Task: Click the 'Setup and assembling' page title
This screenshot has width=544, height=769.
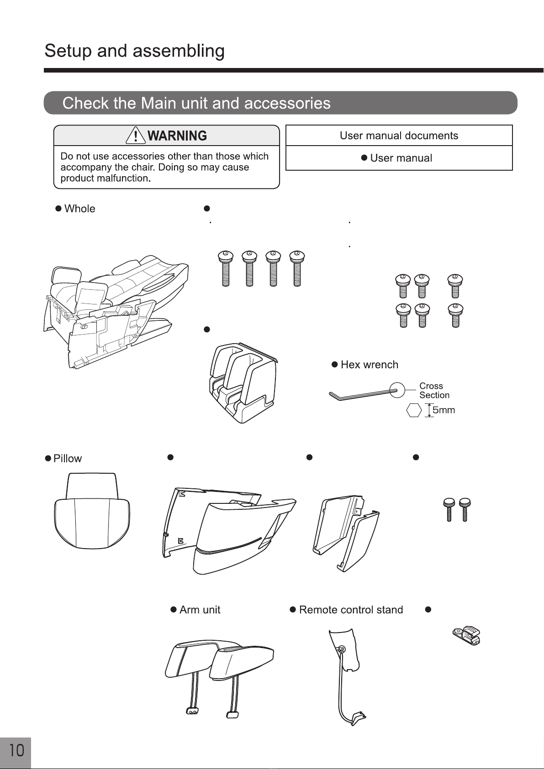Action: point(134,51)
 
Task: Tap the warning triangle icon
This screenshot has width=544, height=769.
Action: point(136,135)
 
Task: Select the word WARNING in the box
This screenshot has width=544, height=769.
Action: point(177,136)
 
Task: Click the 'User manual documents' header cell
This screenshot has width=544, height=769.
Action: point(399,136)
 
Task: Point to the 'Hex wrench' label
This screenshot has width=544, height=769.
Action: point(369,365)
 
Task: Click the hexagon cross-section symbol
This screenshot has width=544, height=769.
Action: point(414,410)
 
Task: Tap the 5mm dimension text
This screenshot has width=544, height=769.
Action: point(444,410)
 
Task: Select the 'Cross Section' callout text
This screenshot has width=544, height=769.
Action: point(434,391)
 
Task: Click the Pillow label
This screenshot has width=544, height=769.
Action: point(67,458)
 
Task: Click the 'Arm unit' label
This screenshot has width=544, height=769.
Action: point(200,610)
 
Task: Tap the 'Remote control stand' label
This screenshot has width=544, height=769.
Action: point(351,610)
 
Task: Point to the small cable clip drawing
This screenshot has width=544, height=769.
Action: point(466,636)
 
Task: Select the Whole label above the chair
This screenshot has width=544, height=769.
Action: point(79,209)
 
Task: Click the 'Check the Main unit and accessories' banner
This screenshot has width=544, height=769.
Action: point(280,103)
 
